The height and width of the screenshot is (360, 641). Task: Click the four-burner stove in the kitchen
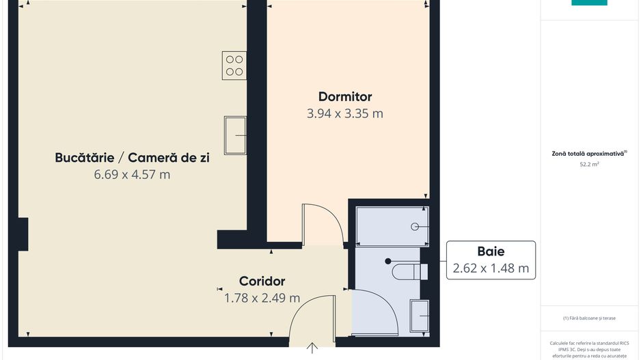[x=234, y=65]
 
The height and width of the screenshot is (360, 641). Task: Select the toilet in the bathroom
[x=409, y=271]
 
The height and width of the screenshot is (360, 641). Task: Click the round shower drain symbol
[x=413, y=226]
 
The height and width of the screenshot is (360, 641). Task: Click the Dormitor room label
[x=345, y=96]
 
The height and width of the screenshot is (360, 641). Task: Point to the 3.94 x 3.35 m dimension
[x=345, y=113]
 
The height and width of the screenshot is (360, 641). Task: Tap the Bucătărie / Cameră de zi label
[x=132, y=158]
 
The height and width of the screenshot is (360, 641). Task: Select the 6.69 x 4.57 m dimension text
[x=132, y=175]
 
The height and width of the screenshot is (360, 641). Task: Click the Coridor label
[x=262, y=281]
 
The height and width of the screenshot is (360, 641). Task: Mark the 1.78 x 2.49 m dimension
[x=262, y=298]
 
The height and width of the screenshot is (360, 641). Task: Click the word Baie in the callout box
[x=491, y=251]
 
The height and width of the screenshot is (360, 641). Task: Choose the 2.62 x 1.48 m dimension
[x=491, y=268]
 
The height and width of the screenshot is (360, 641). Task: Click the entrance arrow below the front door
[x=312, y=348]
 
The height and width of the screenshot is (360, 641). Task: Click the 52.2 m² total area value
[x=589, y=165]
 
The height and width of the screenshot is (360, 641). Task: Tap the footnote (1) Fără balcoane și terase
[x=589, y=318]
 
